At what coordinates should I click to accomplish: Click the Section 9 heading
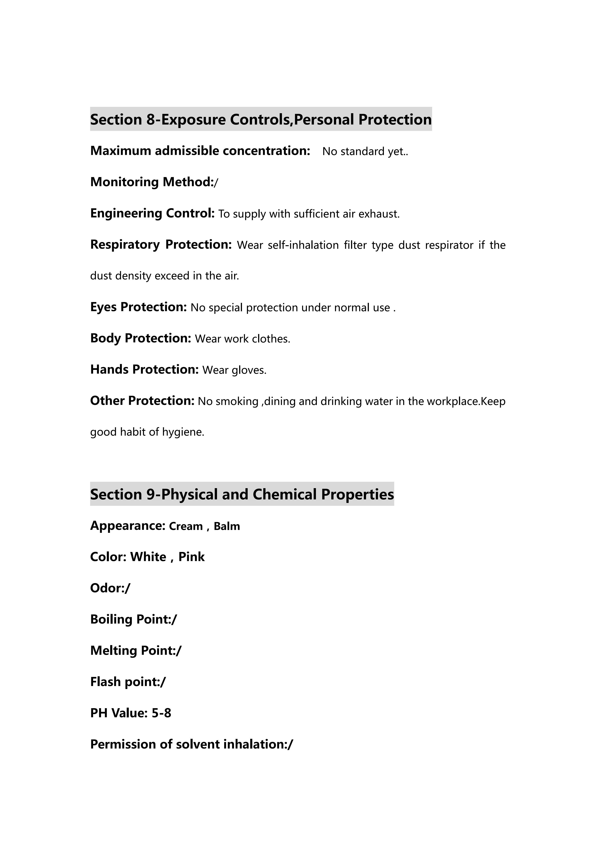(x=242, y=494)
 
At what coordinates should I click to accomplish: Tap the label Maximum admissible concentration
(x=200, y=151)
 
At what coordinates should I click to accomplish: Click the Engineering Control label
(x=152, y=213)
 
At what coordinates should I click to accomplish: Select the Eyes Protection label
(x=138, y=307)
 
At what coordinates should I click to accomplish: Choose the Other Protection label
(x=142, y=401)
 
